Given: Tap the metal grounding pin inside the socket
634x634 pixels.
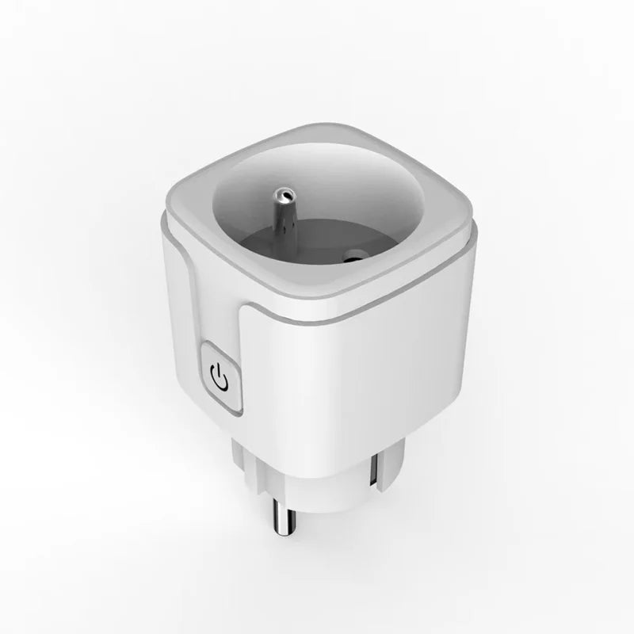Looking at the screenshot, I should [x=282, y=209].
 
